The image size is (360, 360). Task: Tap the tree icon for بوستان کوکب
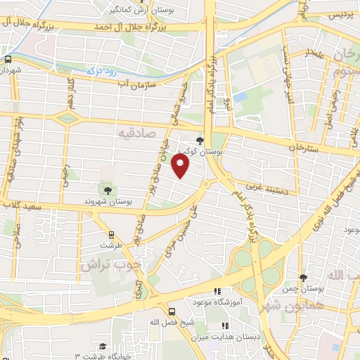[200, 141]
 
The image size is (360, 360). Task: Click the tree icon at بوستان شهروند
[107, 189]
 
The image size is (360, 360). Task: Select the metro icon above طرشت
[110, 236]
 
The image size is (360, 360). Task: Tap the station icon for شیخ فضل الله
[172, 311]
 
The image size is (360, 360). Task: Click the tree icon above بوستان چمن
[303, 278]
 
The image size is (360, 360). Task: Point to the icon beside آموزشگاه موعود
[217, 290]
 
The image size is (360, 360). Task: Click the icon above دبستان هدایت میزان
[225, 326]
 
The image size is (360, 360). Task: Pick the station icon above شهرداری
[7, 60]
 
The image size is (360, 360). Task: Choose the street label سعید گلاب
[22, 205]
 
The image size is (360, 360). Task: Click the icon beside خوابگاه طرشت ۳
[103, 346]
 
